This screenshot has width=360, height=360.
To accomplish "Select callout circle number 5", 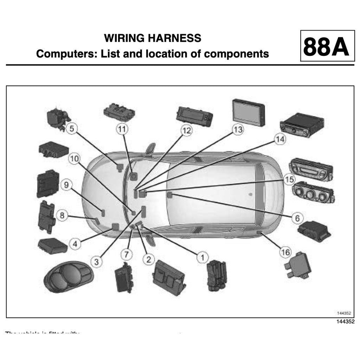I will click(x=72, y=129).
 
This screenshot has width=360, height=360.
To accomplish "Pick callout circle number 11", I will click(x=122, y=129).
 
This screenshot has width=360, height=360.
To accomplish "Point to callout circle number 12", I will click(x=187, y=131).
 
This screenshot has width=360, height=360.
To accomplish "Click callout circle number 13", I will click(x=238, y=129).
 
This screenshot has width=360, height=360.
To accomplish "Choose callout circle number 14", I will click(x=280, y=139).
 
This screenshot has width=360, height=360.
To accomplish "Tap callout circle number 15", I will click(x=289, y=180).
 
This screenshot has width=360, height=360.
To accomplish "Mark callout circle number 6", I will click(x=297, y=218).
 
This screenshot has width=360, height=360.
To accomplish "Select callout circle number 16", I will click(x=285, y=252).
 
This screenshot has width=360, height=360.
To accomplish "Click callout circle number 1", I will click(x=202, y=257).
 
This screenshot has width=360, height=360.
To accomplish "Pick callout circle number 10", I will click(x=74, y=159).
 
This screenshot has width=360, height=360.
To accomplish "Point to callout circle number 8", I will click(x=62, y=215).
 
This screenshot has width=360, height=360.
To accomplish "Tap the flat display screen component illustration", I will click(x=249, y=111).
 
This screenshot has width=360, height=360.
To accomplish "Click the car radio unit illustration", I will click(x=302, y=124).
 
